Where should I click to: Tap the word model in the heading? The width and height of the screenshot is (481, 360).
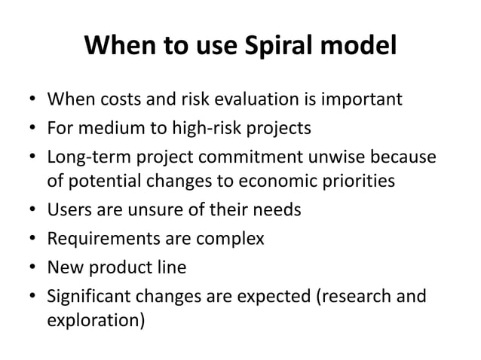[356, 47]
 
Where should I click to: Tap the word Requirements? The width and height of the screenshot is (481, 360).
[97, 238]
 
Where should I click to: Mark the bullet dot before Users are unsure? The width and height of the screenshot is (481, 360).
[31, 210]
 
